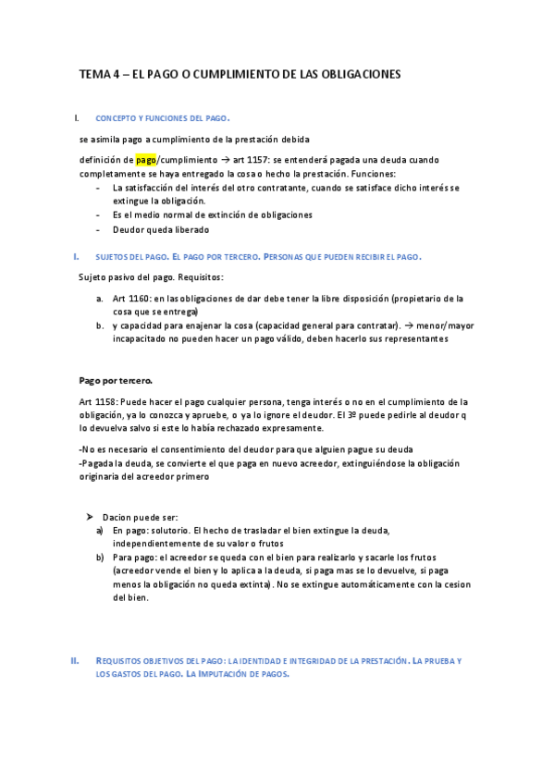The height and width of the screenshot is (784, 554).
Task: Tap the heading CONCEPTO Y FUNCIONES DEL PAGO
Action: click(163, 119)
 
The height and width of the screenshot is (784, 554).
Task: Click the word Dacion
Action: click(117, 517)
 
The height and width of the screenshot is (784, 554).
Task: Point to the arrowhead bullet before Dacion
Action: click(90, 517)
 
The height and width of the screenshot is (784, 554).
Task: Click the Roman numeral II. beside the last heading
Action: click(75, 661)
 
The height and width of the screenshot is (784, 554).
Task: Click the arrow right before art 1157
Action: click(213, 160)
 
